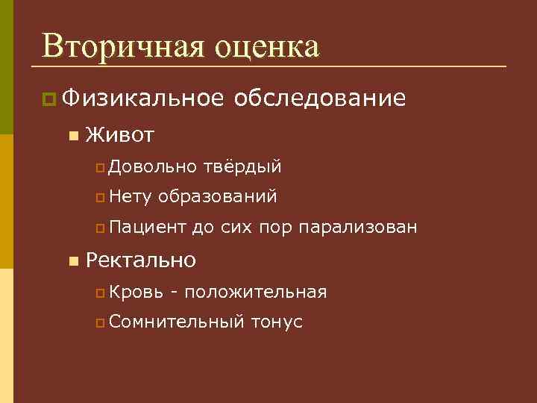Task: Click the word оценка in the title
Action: tap(268, 46)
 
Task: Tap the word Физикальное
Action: tap(143, 99)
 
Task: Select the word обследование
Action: tap(320, 99)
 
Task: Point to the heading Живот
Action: tap(120, 135)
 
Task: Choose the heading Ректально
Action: tap(141, 260)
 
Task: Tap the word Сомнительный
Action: tap(176, 322)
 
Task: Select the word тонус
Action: tap(277, 322)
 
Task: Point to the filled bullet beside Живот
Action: tap(72, 136)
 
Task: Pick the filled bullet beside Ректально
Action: tap(72, 261)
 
